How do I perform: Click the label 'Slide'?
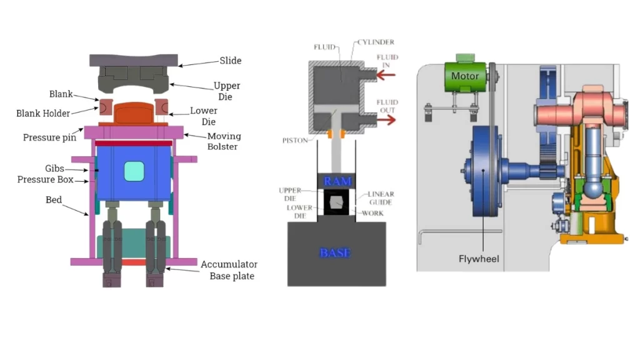(230, 61)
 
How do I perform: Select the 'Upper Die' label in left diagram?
(226, 91)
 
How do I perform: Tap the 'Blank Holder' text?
(43, 113)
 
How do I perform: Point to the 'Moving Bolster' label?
(224, 141)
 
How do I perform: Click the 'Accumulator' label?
(229, 264)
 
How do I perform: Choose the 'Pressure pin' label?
(49, 137)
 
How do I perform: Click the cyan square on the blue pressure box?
(134, 171)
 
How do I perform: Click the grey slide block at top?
(134, 60)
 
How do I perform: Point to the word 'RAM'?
(337, 181)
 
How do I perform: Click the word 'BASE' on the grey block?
(335, 253)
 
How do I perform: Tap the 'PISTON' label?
(294, 141)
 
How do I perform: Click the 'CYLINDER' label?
(375, 43)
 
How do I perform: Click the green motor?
(466, 76)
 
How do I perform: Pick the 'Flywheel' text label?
(479, 258)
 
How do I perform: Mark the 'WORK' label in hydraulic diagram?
(373, 213)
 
